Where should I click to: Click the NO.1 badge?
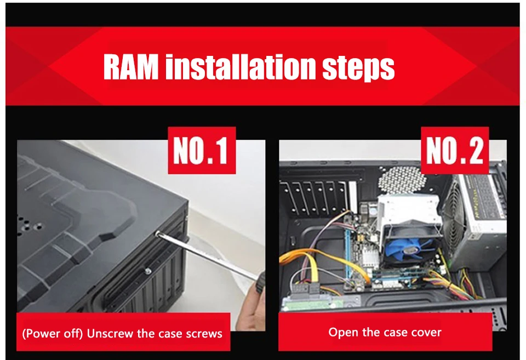click(202, 150)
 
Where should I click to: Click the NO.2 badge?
click(455, 150)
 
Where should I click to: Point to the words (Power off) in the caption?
click(53, 334)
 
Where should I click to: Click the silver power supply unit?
click(474, 221)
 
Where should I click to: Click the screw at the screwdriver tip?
click(157, 232)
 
